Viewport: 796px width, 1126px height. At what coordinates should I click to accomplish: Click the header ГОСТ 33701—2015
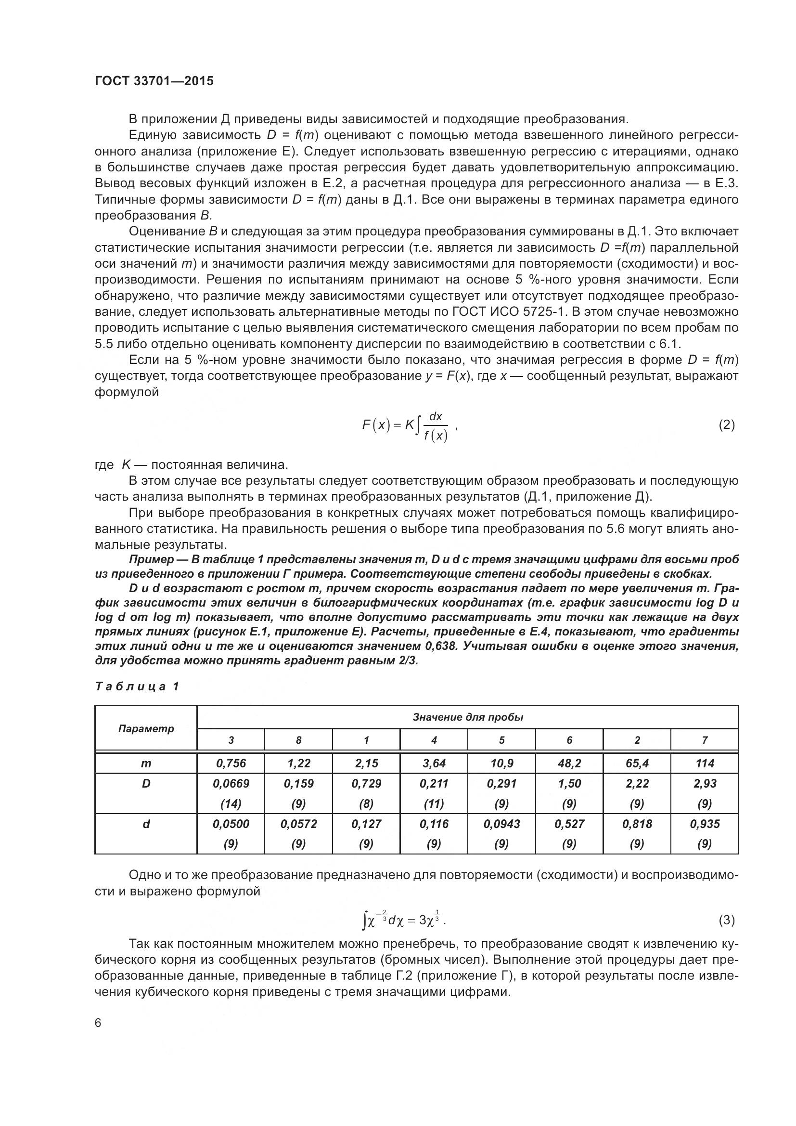pyautogui.click(x=154, y=81)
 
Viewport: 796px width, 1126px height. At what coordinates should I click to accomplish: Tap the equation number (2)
pyautogui.click(x=726, y=425)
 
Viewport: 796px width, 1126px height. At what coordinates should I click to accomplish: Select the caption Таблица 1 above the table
pyautogui.click(x=137, y=686)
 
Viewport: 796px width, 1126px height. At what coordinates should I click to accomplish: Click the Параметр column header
pyautogui.click(x=146, y=729)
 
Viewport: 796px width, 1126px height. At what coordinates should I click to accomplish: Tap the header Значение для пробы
pyautogui.click(x=468, y=717)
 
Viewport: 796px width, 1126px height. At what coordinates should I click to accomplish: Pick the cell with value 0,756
pyautogui.click(x=231, y=763)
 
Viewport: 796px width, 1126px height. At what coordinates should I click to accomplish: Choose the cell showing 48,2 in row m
pyautogui.click(x=569, y=763)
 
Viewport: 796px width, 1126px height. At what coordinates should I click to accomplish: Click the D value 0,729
pyautogui.click(x=366, y=784)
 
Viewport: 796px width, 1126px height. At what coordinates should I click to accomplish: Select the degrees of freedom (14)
pyautogui.click(x=231, y=804)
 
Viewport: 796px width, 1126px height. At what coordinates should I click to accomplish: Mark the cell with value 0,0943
pyautogui.click(x=501, y=824)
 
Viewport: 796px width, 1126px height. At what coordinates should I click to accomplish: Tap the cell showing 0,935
pyautogui.click(x=705, y=824)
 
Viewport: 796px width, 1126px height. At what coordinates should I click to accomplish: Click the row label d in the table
pyautogui.click(x=146, y=824)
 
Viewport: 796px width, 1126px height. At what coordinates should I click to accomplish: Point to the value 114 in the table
pyautogui.click(x=705, y=763)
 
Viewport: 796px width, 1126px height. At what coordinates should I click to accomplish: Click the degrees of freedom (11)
pyautogui.click(x=434, y=804)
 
